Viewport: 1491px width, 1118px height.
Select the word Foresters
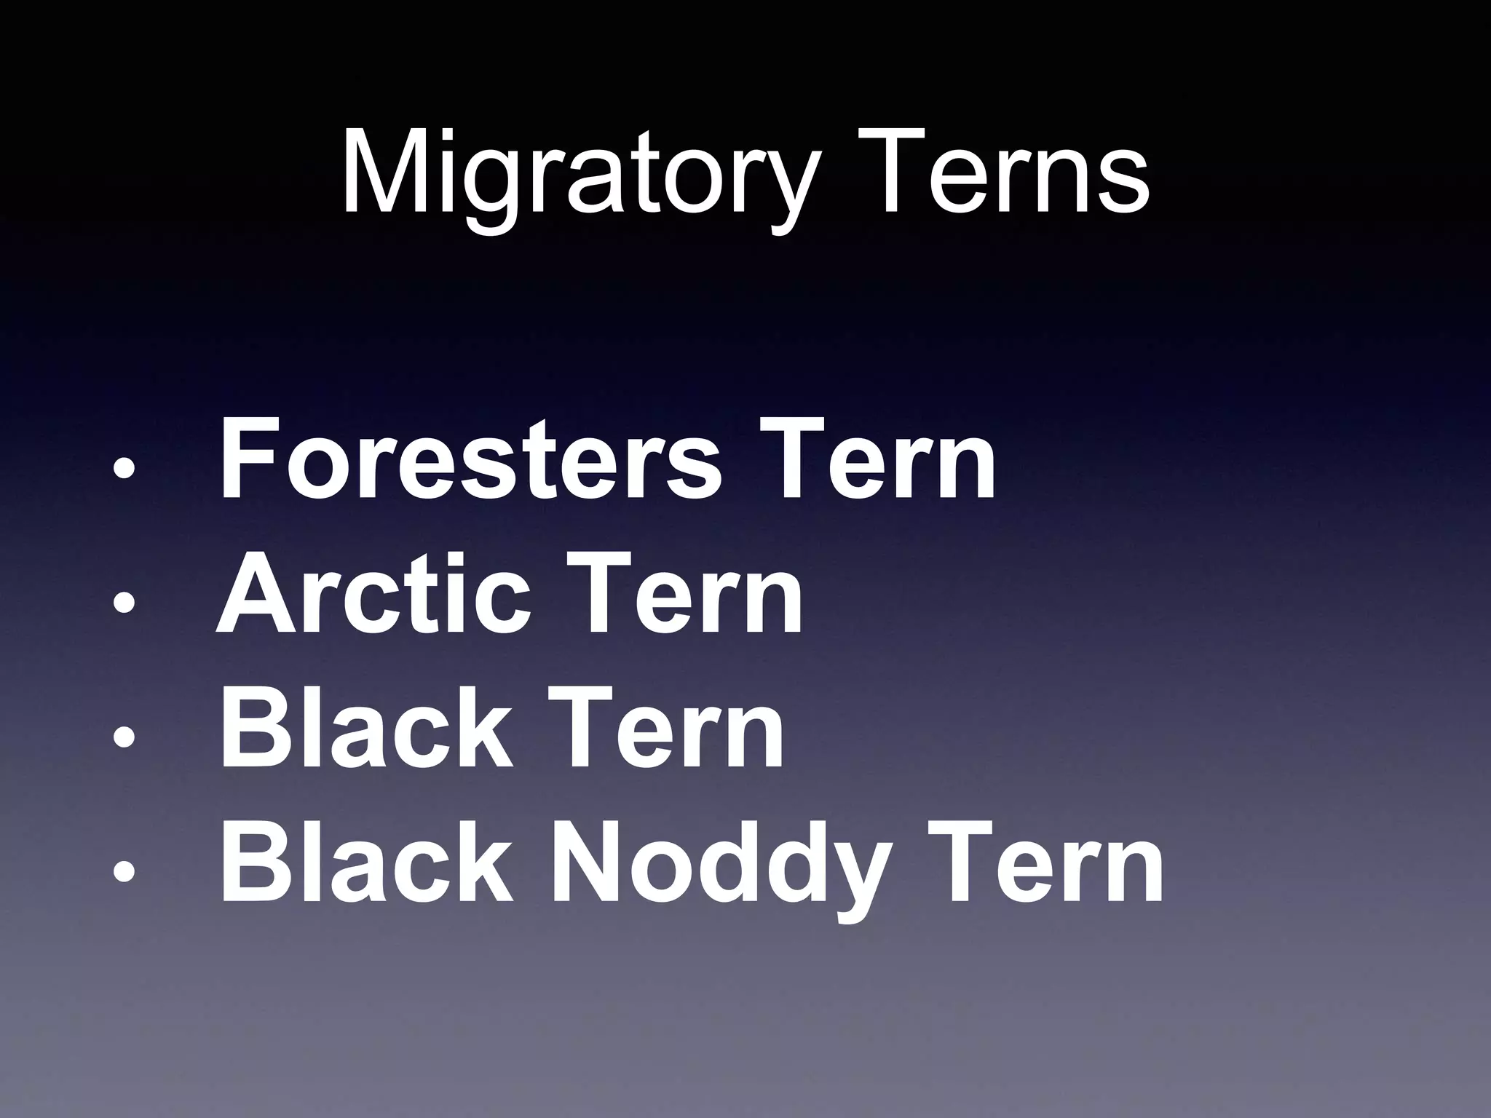[470, 459]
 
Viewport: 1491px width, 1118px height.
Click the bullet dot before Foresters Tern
[124, 469]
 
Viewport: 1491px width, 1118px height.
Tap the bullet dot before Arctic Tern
[124, 603]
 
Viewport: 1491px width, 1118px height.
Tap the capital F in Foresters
[245, 459]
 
